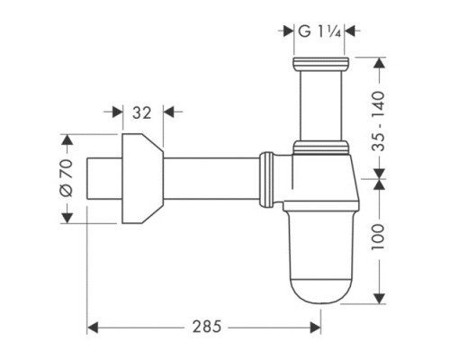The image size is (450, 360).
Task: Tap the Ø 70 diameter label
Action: coord(65,180)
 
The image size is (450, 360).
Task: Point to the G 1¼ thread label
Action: coord(319,31)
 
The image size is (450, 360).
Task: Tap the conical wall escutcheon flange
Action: coord(141,180)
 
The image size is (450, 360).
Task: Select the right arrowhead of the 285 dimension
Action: coord(317,326)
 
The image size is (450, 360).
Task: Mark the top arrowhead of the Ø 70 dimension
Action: coord(65,139)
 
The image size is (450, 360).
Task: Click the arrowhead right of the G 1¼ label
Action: coord(352,31)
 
